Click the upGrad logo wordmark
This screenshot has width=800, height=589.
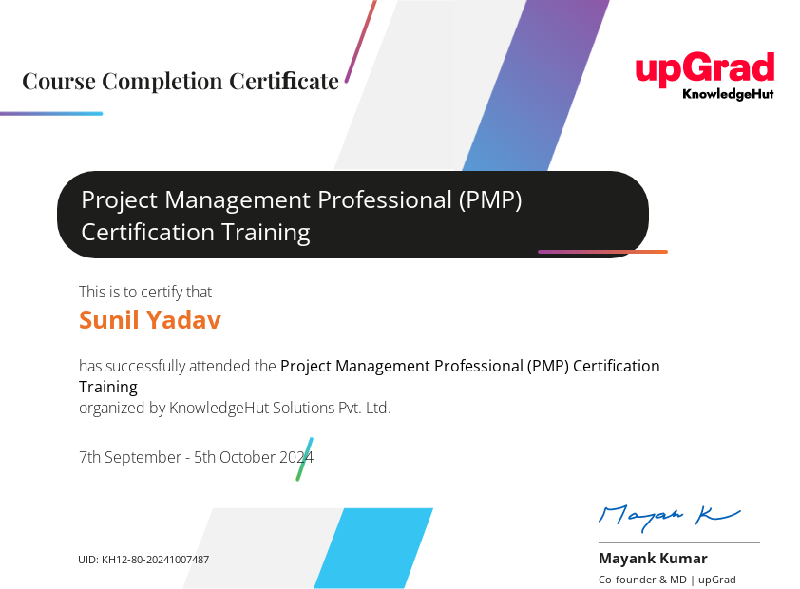tap(705, 69)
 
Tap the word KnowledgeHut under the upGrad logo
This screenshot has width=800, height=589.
tap(728, 94)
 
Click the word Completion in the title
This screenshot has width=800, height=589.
tap(162, 82)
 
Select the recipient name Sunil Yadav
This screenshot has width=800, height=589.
tap(150, 320)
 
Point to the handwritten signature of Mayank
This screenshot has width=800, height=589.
tap(669, 517)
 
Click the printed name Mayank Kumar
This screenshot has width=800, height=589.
tap(653, 559)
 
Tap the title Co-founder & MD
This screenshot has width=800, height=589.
tap(642, 579)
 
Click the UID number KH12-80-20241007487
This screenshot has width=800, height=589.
tap(155, 560)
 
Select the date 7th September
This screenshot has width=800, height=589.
tap(129, 458)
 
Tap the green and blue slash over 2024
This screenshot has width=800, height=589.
tap(305, 459)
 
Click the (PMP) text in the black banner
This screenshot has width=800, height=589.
tap(490, 200)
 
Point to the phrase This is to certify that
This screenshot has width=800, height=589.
tap(145, 293)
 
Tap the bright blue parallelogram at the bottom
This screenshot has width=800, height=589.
tap(373, 548)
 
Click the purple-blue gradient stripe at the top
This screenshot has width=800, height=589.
tap(536, 85)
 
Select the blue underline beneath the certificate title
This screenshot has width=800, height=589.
tap(51, 114)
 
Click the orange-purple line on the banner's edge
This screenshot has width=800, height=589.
tap(602, 252)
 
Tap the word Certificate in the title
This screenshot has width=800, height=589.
tap(284, 82)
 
